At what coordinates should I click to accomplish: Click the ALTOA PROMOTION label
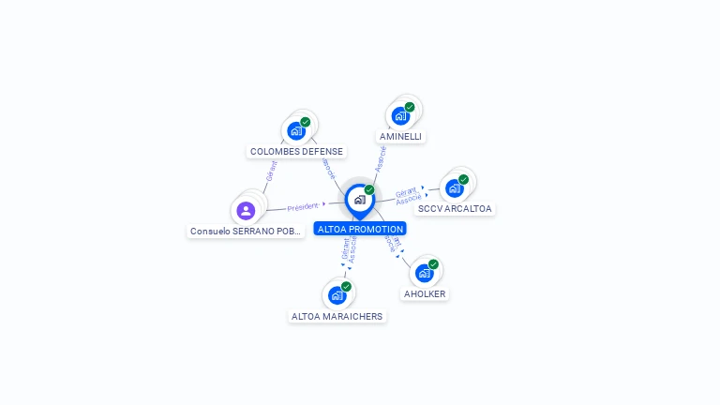(361, 229)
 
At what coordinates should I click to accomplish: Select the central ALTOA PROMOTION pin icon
(359, 200)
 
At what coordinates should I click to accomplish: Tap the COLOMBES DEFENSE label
(296, 151)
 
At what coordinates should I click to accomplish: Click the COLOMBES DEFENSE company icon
(296, 130)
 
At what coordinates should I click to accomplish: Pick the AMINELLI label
(401, 136)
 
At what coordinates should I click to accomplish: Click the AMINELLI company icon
(400, 115)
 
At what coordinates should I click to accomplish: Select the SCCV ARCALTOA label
(455, 208)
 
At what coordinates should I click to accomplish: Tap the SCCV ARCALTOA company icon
(455, 187)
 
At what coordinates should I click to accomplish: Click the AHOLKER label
(425, 293)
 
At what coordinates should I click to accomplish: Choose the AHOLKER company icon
(424, 273)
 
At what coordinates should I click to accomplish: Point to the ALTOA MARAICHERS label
(337, 316)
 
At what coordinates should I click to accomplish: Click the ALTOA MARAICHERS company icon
(337, 295)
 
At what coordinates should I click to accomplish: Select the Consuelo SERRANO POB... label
(247, 231)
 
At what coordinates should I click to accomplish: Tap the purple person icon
(246, 210)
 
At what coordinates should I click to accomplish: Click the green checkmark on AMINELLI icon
(410, 107)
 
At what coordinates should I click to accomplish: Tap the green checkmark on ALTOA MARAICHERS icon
(346, 287)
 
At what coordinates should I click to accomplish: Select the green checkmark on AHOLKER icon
(433, 264)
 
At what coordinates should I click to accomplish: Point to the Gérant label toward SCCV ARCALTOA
(406, 191)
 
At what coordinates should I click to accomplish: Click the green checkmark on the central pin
(369, 190)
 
